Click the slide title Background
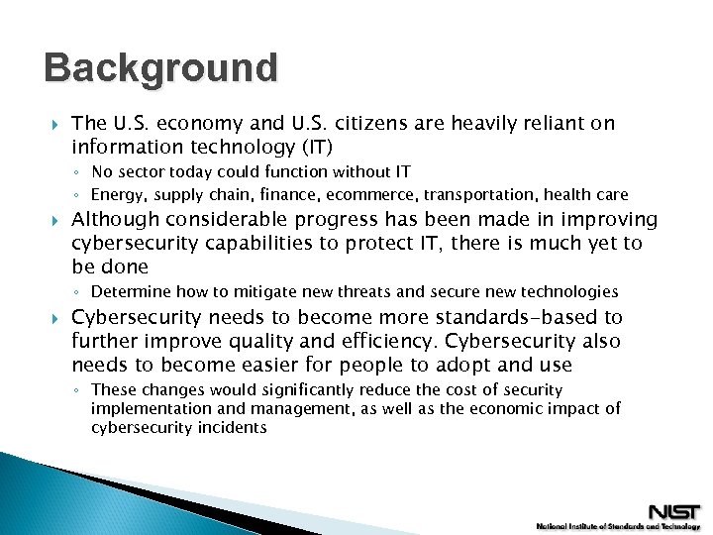click(161, 68)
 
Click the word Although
click(116, 219)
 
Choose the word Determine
click(130, 291)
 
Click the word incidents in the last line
click(231, 427)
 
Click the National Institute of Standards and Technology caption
click(617, 526)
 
